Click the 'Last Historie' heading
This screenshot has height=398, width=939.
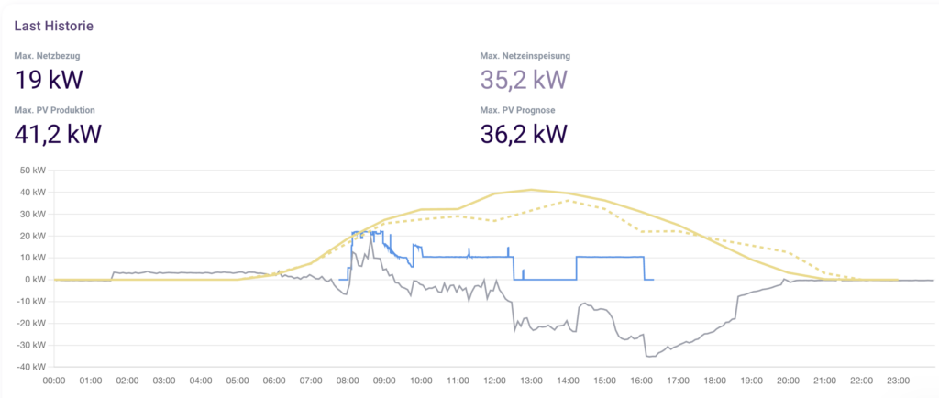(53, 26)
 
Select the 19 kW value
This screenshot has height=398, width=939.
(49, 80)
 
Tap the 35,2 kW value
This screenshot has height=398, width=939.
(524, 80)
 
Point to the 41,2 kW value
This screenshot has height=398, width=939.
(58, 134)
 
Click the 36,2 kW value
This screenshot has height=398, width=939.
(524, 134)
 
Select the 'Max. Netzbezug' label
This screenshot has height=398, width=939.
(46, 56)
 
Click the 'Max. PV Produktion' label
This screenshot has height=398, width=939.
(55, 110)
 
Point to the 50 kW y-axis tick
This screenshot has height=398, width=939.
(32, 171)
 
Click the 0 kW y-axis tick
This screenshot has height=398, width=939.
(35, 280)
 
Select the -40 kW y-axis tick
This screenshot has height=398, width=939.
(30, 367)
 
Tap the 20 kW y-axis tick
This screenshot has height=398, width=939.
(32, 236)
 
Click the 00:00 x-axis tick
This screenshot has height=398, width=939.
(54, 381)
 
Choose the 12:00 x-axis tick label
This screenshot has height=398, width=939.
(494, 381)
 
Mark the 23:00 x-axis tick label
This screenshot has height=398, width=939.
(898, 381)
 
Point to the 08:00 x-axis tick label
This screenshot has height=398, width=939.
(348, 381)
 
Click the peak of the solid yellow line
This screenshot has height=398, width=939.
(531, 190)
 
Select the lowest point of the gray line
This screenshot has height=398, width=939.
(649, 356)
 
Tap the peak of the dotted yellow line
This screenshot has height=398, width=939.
(568, 200)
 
